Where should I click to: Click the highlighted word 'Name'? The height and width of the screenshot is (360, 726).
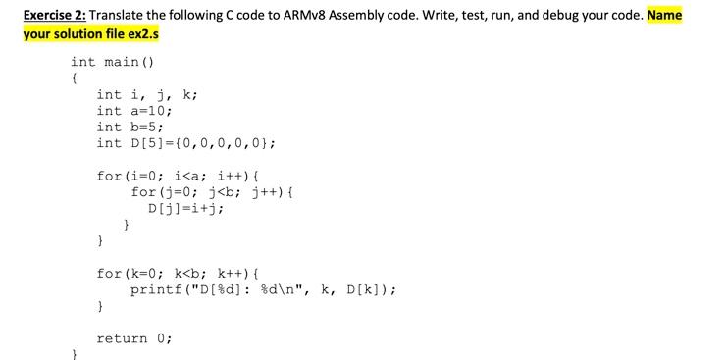(664, 15)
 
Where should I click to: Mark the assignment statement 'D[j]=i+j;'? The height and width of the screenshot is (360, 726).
(184, 208)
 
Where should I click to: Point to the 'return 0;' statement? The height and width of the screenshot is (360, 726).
(133, 338)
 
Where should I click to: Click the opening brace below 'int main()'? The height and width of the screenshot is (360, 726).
(75, 78)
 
